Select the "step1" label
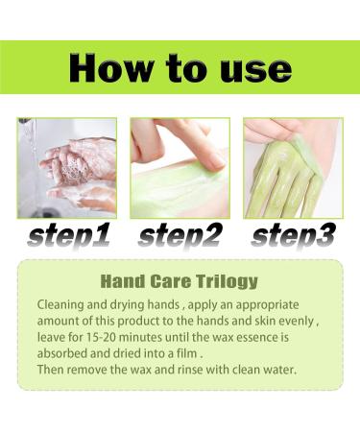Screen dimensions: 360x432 [x=69, y=236]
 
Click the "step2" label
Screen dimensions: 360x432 [x=180, y=236]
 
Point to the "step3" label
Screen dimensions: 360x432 [x=294, y=236]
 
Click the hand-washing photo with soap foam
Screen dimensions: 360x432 [x=67, y=168]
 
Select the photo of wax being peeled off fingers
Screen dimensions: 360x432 [x=293, y=168]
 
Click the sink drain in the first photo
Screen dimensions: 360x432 [x=47, y=212]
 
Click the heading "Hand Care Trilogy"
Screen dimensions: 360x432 [x=180, y=281]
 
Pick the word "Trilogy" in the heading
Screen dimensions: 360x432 [x=227, y=282]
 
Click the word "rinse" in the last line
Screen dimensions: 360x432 [x=190, y=371]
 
